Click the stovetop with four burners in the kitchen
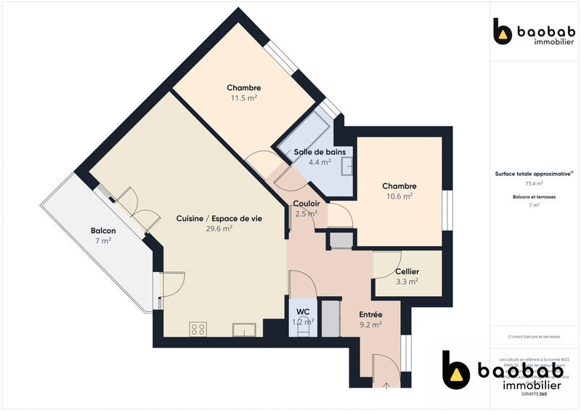pyautogui.click(x=198, y=330)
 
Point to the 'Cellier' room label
pyautogui.click(x=407, y=271)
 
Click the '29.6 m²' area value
pyautogui.click(x=217, y=228)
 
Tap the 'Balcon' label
pyautogui.click(x=102, y=231)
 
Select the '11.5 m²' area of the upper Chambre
pyautogui.click(x=243, y=97)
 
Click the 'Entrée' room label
pyautogui.click(x=370, y=314)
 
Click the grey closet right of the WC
pyautogui.click(x=331, y=316)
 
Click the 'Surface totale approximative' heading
pyautogui.click(x=534, y=174)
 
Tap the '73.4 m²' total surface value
pyautogui.click(x=534, y=184)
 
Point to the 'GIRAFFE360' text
pyautogui.click(x=534, y=394)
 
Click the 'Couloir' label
pyautogui.click(x=306, y=204)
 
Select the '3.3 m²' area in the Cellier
pyautogui.click(x=407, y=282)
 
